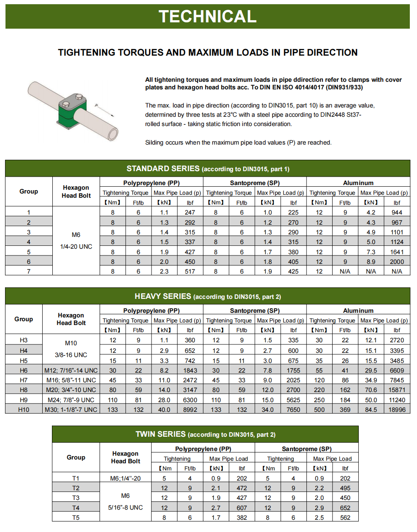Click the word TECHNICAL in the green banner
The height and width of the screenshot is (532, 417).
(208, 16)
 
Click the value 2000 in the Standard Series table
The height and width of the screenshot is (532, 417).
(397, 262)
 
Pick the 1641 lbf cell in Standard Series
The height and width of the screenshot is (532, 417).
(397, 252)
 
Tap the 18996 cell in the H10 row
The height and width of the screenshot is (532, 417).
(397, 410)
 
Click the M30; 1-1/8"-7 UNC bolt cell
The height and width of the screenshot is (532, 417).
(71, 410)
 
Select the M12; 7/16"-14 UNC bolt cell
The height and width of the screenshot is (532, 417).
(71, 371)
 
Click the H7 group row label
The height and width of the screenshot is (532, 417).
(24, 380)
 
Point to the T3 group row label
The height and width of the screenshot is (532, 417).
(76, 498)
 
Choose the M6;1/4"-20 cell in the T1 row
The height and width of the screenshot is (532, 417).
(125, 478)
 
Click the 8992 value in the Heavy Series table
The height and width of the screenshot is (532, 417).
(190, 410)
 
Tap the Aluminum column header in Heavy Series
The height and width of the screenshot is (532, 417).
(358, 311)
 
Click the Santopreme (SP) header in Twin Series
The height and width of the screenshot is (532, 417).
(306, 449)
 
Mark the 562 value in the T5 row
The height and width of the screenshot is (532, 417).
(345, 518)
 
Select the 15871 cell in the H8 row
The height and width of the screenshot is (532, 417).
(397, 390)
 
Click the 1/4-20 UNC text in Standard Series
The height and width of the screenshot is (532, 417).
(76, 247)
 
